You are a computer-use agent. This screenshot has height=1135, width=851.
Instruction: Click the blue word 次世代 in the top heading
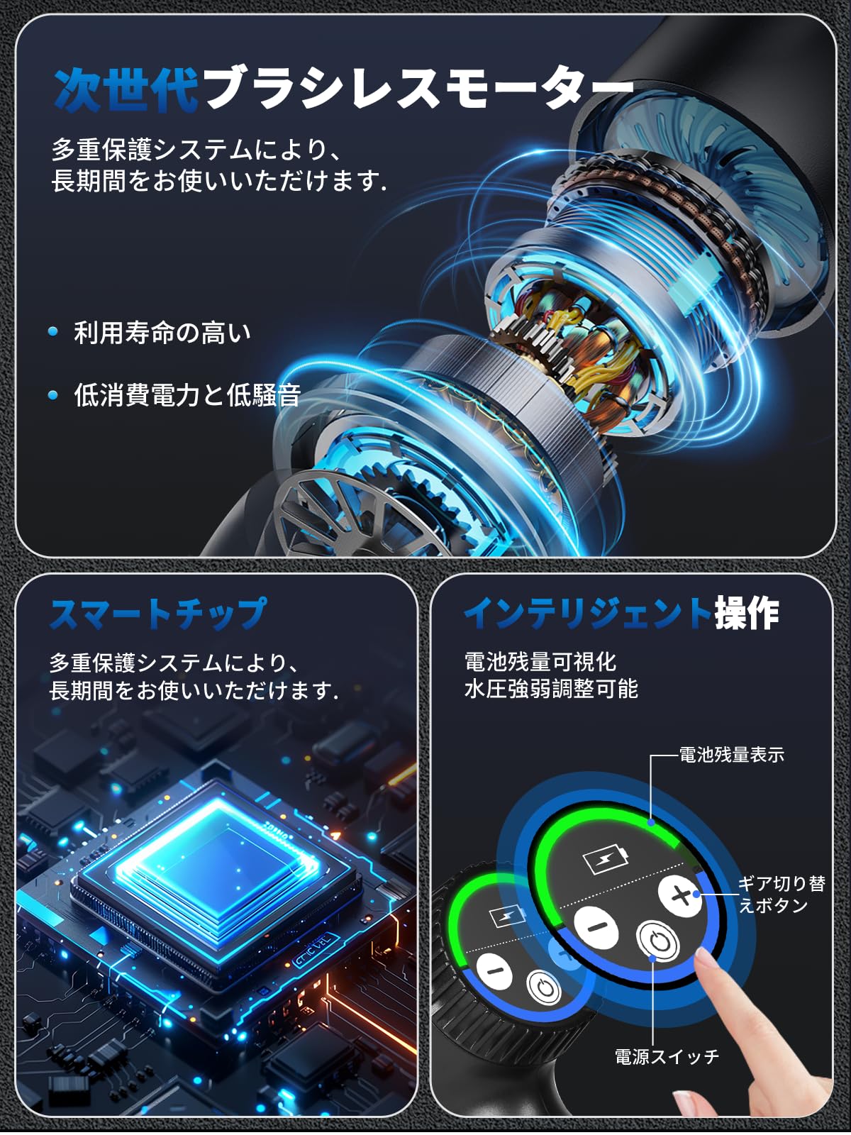point(126,90)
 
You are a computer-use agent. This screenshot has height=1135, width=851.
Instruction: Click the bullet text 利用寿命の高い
point(162,332)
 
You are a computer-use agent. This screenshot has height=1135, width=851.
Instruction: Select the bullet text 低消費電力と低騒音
point(187,394)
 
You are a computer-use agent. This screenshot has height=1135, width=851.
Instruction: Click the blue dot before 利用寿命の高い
point(53,331)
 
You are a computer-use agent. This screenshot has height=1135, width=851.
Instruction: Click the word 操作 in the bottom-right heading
point(747,614)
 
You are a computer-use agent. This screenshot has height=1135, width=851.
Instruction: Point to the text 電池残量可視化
point(540,661)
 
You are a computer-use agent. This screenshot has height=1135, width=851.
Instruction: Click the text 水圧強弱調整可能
point(551,688)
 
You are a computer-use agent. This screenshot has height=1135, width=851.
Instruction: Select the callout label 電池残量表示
point(731,755)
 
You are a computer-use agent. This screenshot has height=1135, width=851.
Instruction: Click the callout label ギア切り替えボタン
point(781,894)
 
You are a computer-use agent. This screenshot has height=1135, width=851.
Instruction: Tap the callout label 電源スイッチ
point(667,1057)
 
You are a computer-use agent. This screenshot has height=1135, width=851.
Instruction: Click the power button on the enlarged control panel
point(658,941)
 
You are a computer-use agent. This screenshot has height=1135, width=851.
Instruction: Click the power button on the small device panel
point(544,987)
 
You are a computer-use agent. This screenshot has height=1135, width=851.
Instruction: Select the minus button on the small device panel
point(494,970)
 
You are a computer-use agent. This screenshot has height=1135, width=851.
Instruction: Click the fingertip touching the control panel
point(703,959)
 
